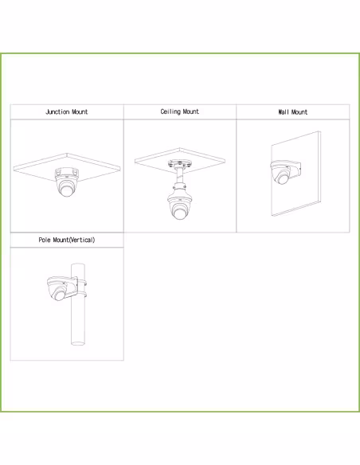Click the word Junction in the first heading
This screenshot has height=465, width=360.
[57, 112]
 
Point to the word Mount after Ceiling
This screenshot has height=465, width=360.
[190, 112]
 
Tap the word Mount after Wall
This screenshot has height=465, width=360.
[298, 112]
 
